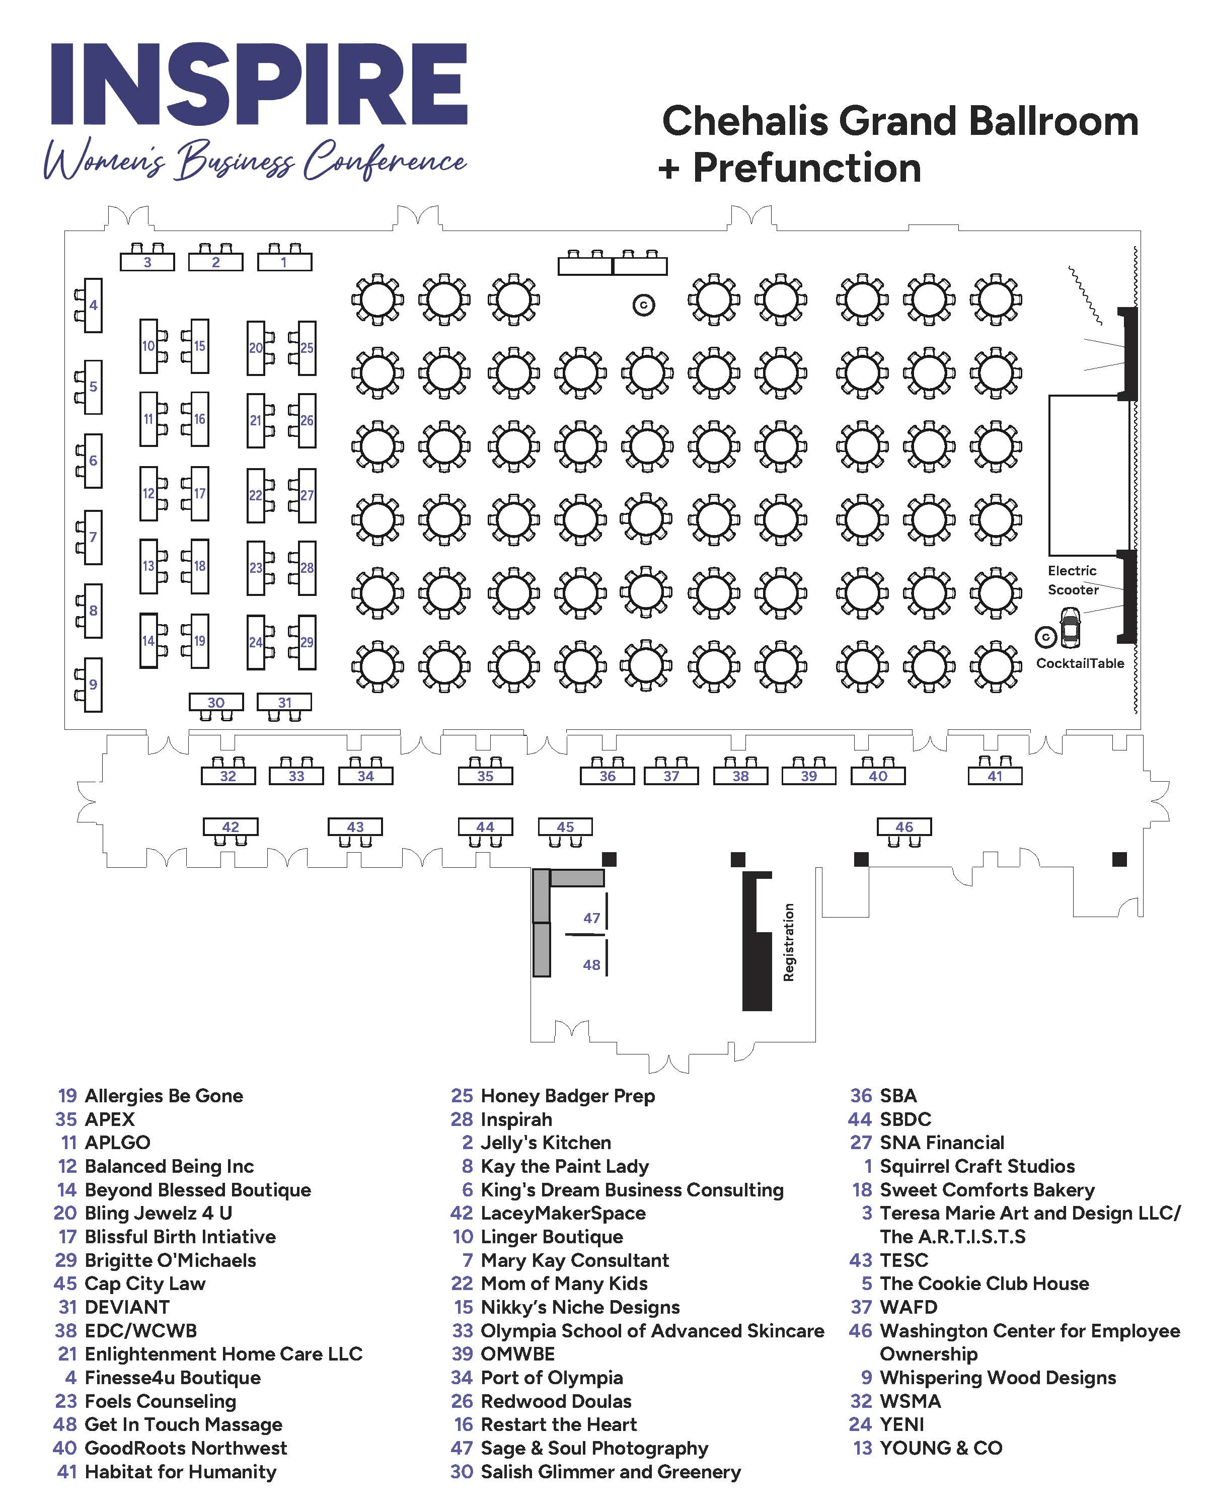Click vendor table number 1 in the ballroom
click(284, 262)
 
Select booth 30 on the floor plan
click(216, 702)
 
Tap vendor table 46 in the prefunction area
click(904, 826)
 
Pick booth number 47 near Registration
click(592, 918)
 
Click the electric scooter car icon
click(1070, 628)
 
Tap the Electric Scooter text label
click(1072, 580)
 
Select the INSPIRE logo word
click(259, 84)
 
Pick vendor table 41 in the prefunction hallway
click(995, 775)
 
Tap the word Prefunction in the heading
click(807, 168)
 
